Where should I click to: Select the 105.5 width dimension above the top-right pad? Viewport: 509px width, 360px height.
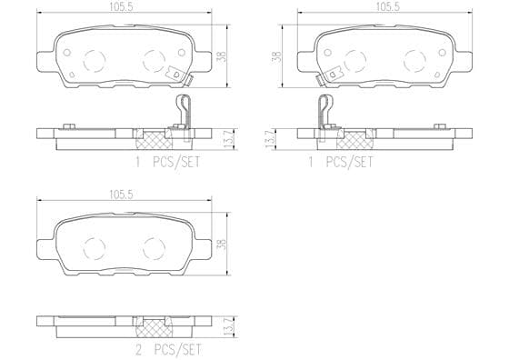(x=388, y=6)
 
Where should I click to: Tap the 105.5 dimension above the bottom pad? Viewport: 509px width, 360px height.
(x=122, y=195)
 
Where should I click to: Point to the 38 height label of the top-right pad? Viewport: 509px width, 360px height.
(x=277, y=56)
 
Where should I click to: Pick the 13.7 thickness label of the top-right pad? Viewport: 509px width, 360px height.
(x=268, y=140)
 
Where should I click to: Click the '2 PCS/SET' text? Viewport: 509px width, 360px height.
(x=168, y=350)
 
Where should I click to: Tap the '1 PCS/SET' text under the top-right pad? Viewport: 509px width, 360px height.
(x=341, y=162)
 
